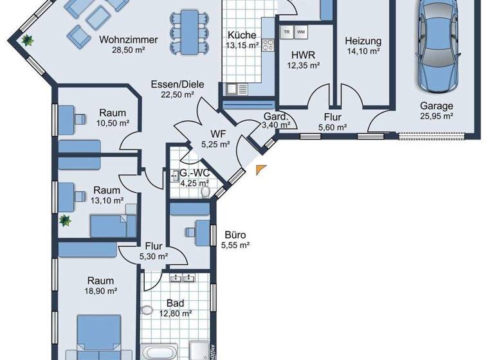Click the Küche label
pyautogui.click(x=242, y=35)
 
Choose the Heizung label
pyautogui.click(x=363, y=40)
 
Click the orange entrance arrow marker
pyautogui.click(x=260, y=169)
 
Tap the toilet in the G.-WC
pyautogui.click(x=205, y=191)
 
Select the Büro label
pyautogui.click(x=235, y=235)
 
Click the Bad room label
pyautogui.click(x=176, y=303)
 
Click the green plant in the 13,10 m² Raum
pyautogui.click(x=64, y=221)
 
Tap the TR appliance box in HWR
pyautogui.click(x=287, y=31)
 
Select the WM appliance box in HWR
pyautogui.click(x=301, y=31)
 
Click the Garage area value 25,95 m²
pyautogui.click(x=437, y=116)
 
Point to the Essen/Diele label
pyautogui.click(x=173, y=84)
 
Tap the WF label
pyautogui.click(x=215, y=134)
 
